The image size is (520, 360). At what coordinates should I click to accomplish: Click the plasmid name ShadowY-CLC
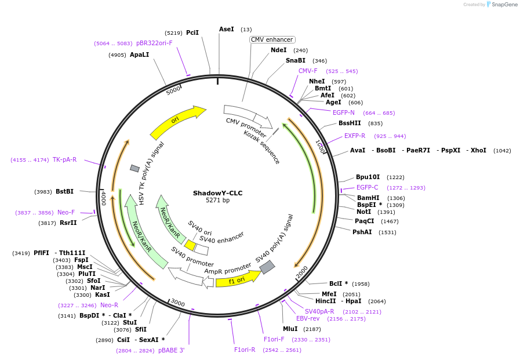point(217,193)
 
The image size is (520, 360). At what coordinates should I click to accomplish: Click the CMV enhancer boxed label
point(272,39)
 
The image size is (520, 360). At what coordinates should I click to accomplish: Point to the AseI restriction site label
point(227,29)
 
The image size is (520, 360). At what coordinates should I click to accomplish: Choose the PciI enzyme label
point(192,32)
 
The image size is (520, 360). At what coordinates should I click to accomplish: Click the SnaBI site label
point(295,60)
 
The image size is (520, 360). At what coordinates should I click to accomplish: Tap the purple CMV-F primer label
point(308,71)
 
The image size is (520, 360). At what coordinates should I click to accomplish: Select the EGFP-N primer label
point(343,112)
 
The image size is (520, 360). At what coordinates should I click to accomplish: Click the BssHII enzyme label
point(350,123)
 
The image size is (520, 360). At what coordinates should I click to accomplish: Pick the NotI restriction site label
point(363,212)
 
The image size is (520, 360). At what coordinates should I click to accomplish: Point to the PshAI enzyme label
point(362,232)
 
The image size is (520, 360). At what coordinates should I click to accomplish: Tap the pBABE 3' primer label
point(171,350)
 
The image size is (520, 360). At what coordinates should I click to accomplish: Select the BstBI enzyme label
point(64,191)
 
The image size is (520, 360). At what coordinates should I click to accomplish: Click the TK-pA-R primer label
point(64,159)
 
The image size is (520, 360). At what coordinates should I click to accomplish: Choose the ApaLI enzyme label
point(139,54)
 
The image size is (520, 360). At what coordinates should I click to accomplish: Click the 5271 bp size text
point(217,201)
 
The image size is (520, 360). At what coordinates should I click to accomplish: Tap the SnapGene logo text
point(503,4)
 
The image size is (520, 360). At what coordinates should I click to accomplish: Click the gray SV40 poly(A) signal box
point(267,267)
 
